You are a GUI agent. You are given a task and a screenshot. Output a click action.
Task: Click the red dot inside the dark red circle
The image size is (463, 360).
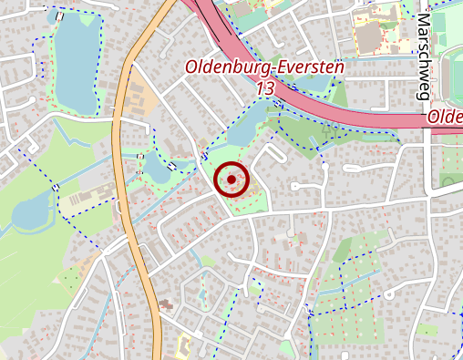pos(231,180)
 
